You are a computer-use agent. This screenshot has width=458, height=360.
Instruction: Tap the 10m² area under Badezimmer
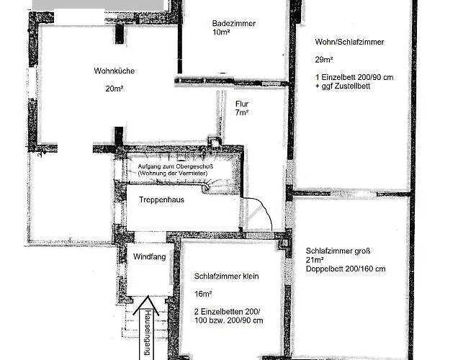pyautogui.click(x=220, y=32)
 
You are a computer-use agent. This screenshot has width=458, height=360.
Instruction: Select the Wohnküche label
pyautogui.click(x=114, y=71)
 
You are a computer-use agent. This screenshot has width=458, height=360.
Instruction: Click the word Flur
pyautogui.click(x=241, y=103)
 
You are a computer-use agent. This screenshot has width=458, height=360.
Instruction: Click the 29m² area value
pyautogui.click(x=323, y=60)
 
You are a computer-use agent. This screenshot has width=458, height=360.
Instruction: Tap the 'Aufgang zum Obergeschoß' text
pyautogui.click(x=175, y=167)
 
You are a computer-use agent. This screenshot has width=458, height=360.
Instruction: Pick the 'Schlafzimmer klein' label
pyautogui.click(x=226, y=276)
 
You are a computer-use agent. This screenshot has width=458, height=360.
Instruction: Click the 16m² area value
pyautogui.click(x=203, y=294)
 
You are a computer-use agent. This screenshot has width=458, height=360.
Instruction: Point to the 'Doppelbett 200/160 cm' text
pyautogui.click(x=346, y=269)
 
